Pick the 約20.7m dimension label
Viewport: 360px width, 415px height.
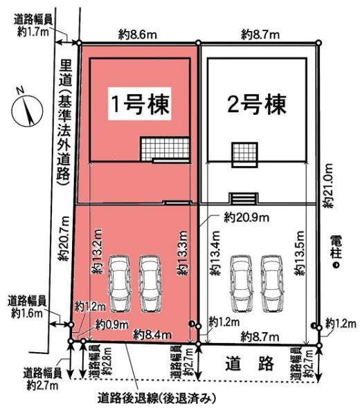click(x=62, y=239)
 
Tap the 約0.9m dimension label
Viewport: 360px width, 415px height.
click(x=111, y=323)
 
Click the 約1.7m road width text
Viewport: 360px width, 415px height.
click(x=32, y=32)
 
